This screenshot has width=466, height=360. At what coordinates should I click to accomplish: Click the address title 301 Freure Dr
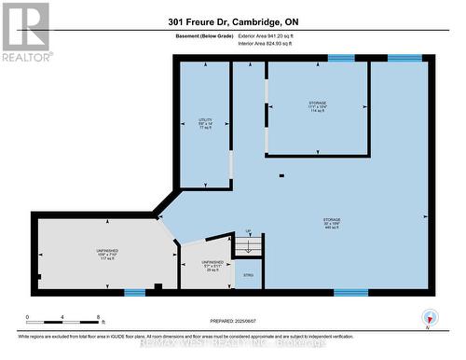pos(232,21)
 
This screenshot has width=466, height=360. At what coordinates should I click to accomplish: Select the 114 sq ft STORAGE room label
pos(318,106)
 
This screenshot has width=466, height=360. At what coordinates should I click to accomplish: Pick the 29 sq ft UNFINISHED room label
pos(198,266)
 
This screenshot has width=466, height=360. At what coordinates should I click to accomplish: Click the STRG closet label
pos(247,275)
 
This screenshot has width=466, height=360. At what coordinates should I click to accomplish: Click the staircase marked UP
pos(249,244)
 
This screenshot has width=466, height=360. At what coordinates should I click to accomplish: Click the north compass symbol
pos(429,316)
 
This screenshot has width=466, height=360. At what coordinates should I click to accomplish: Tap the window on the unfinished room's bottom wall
pos(134,293)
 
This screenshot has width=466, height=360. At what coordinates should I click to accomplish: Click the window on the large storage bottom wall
pos(350,293)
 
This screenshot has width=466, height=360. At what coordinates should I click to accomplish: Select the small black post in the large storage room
pos(280,173)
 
